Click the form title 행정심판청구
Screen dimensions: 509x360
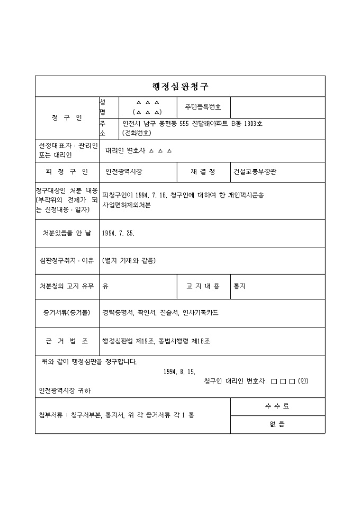pyautogui.click(x=180, y=87)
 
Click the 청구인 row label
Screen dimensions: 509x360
pyautogui.click(x=67, y=118)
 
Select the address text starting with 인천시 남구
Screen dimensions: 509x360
pyautogui.click(x=191, y=125)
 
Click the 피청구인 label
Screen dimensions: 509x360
pyautogui.click(x=67, y=172)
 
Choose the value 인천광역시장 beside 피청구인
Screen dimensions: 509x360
pyautogui.click(x=124, y=172)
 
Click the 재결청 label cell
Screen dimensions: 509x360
pyautogui.click(x=203, y=172)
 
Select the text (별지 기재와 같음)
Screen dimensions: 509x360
pyautogui.click(x=129, y=260)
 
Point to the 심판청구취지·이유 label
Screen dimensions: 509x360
pyautogui.click(x=67, y=260)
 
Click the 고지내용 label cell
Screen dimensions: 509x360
pyautogui.click(x=203, y=286)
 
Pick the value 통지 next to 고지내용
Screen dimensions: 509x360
pyautogui.click(x=239, y=286)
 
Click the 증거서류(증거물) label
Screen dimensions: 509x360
pyautogui.click(x=67, y=313)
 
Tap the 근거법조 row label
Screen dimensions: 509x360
pyautogui.click(x=67, y=341)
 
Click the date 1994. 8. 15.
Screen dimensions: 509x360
pyautogui.click(x=180, y=372)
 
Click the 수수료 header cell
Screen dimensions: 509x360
pyautogui.click(x=277, y=406)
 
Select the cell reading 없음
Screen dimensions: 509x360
pyautogui.click(x=277, y=424)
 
